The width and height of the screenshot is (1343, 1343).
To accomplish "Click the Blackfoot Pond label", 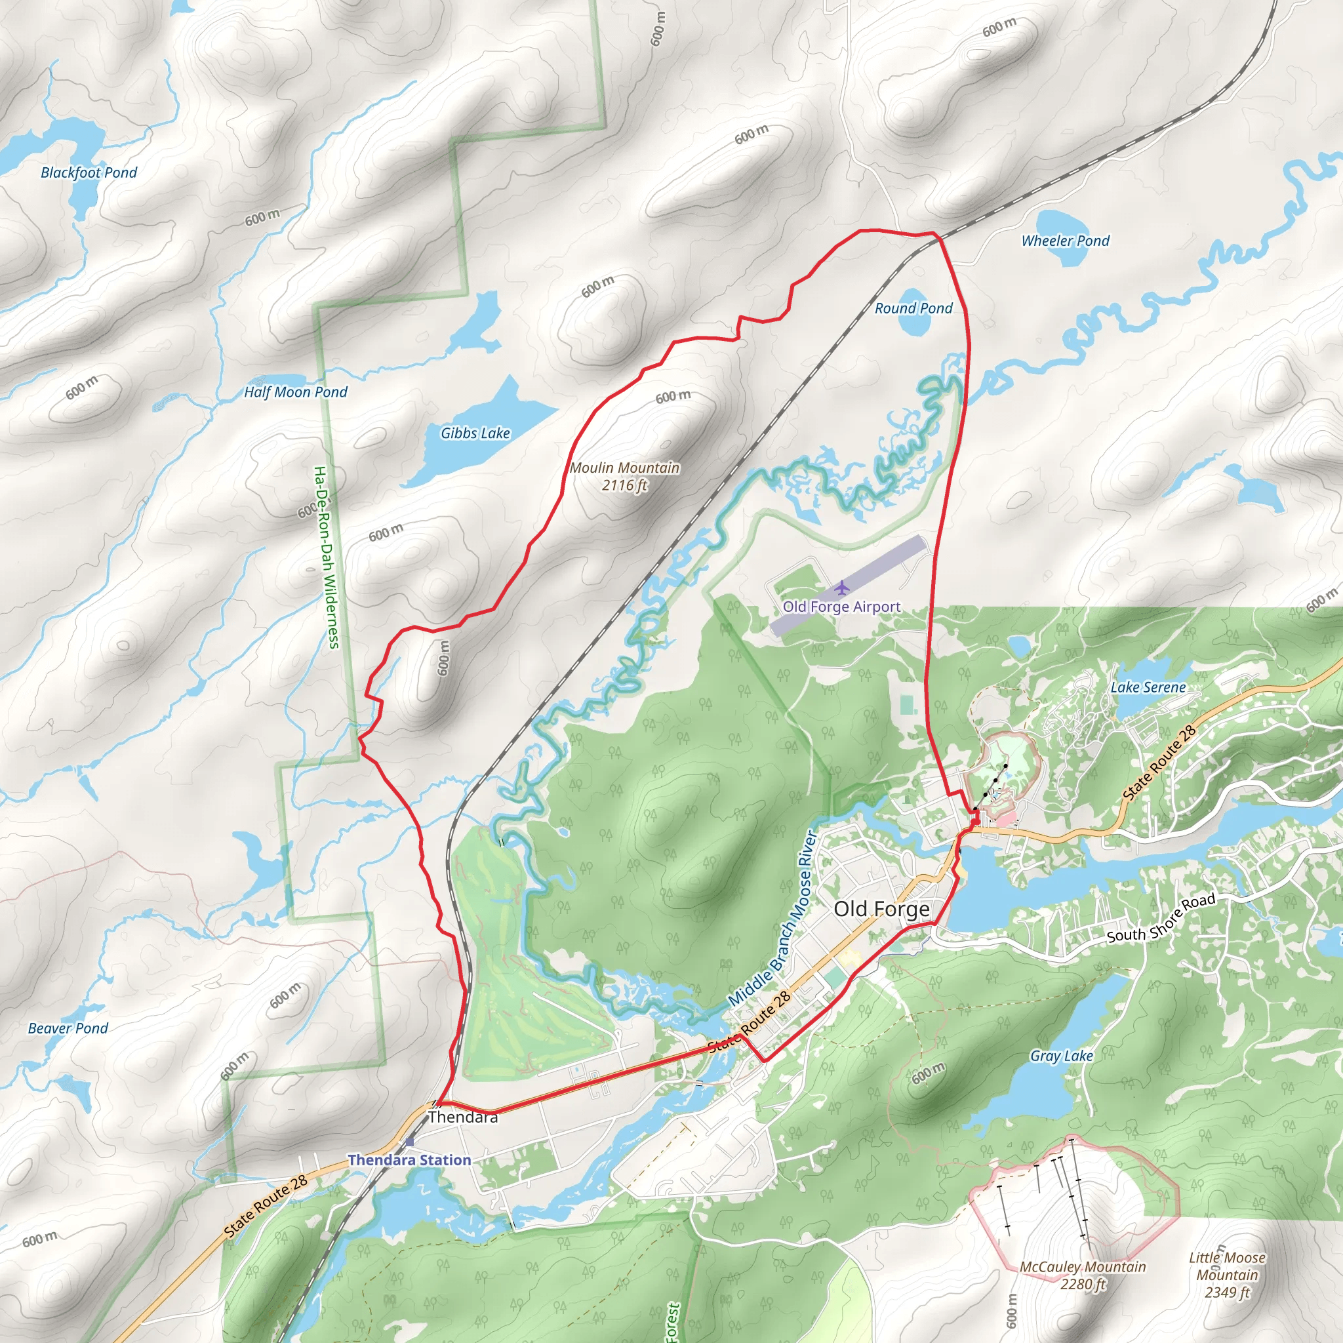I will pos(89,172).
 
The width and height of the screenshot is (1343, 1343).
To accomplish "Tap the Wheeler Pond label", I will pos(1065,241).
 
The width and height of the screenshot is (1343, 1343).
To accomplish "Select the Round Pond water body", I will pos(915,321).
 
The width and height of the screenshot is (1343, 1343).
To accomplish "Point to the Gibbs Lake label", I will pos(475,433).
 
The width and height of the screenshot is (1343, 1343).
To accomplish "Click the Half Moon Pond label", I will pos(296,392).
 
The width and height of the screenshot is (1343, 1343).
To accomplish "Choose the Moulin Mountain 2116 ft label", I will pos(624,476).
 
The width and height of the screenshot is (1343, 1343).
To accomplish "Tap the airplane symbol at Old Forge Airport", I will pos(842,588).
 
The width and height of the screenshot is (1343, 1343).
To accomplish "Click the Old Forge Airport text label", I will pos(842,607).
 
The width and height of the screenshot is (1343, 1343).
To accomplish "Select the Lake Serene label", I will pos(1148,687).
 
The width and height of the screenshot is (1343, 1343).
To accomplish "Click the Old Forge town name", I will pos(881,910).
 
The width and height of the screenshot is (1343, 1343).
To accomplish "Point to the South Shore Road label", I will pos(1161,918).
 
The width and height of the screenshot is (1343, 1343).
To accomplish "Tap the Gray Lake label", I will pos(1062,1056).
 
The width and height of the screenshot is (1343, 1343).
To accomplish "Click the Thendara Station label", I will pos(409,1160).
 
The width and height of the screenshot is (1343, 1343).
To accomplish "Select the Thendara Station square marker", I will pos(409,1142).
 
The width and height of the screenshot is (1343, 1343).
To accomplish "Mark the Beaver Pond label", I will pos(68,1028).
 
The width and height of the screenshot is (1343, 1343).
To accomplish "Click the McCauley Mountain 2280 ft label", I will pos(1082,1275).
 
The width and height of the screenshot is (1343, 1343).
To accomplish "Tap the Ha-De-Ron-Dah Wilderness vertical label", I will pos(326,557).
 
